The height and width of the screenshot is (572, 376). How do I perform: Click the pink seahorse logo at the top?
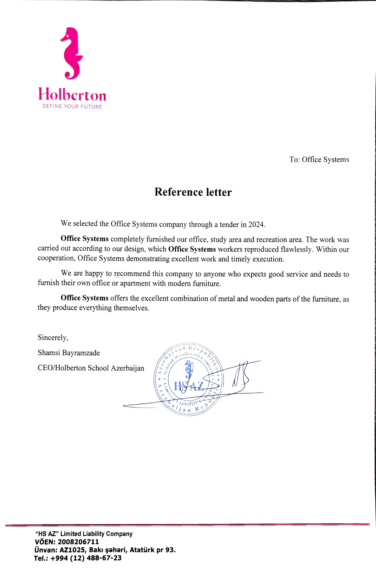tap(72, 53)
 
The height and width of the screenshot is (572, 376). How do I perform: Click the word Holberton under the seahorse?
tap(72, 95)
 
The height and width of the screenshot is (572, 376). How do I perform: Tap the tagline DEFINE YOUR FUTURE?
tap(72, 107)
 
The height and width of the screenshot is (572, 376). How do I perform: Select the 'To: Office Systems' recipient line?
tap(319, 160)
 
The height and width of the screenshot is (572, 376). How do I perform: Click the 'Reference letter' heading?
tap(193, 192)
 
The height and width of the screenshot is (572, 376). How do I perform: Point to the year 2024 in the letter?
tap(256, 224)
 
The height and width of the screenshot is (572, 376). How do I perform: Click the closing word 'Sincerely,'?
tap(53, 337)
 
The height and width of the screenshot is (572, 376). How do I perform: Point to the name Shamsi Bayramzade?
tap(69, 353)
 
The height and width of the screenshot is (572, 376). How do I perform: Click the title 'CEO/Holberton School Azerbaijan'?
tap(91, 368)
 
